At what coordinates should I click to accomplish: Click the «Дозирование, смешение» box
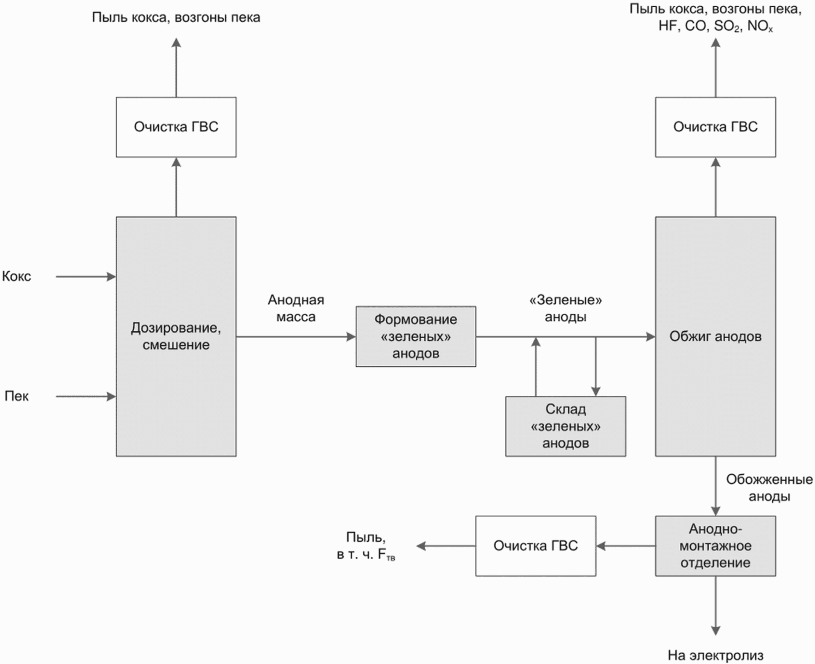pyautogui.click(x=176, y=337)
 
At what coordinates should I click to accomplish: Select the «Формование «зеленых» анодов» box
pyautogui.click(x=416, y=337)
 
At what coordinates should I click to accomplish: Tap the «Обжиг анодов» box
pyautogui.click(x=716, y=337)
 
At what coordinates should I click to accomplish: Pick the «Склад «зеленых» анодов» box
pyautogui.click(x=565, y=426)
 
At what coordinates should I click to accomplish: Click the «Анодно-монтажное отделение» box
pyautogui.click(x=716, y=546)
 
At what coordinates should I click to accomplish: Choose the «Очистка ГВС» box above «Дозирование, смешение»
pyautogui.click(x=176, y=127)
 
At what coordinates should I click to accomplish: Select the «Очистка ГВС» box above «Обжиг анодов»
pyautogui.click(x=716, y=127)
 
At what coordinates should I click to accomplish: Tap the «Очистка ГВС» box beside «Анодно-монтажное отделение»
pyautogui.click(x=536, y=546)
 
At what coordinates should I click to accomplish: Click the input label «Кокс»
pyautogui.click(x=16, y=276)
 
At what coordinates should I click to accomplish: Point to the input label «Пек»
pyautogui.click(x=16, y=396)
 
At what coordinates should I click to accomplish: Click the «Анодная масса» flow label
pyautogui.click(x=296, y=309)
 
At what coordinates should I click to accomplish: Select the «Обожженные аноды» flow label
pyautogui.click(x=769, y=487)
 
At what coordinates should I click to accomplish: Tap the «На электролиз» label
pyautogui.click(x=716, y=656)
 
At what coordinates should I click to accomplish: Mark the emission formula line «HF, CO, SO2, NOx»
pyautogui.click(x=716, y=26)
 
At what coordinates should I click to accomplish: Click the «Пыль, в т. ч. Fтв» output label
pyautogui.click(x=366, y=546)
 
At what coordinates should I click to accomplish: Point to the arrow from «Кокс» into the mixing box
pyautogui.click(x=86, y=277)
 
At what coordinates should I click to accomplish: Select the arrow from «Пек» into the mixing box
pyautogui.click(x=86, y=396)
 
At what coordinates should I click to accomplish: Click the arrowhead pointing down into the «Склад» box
pyautogui.click(x=596, y=391)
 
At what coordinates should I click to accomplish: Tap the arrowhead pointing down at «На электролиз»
pyautogui.click(x=716, y=631)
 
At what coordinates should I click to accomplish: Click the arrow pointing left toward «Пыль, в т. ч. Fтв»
pyautogui.click(x=445, y=546)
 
